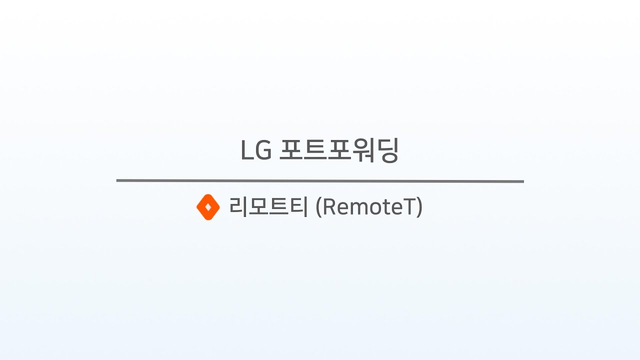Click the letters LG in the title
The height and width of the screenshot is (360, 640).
pyautogui.click(x=255, y=150)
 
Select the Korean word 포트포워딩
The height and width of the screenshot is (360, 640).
pyautogui.click(x=338, y=150)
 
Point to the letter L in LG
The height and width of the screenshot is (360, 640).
pyautogui.click(x=246, y=150)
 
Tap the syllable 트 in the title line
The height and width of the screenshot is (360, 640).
pyautogui.click(x=314, y=150)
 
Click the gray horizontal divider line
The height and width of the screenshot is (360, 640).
pyautogui.click(x=320, y=181)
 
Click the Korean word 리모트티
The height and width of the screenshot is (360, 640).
pyautogui.click(x=268, y=207)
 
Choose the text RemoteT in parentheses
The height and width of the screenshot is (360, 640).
pyautogui.click(x=369, y=207)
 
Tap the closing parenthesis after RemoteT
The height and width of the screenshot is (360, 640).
pyautogui.click(x=420, y=207)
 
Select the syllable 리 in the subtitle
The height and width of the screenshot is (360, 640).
pyautogui.click(x=238, y=207)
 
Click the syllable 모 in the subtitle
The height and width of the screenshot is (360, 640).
pyautogui.click(x=258, y=207)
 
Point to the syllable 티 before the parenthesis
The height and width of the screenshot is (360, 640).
pyautogui.click(x=298, y=207)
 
